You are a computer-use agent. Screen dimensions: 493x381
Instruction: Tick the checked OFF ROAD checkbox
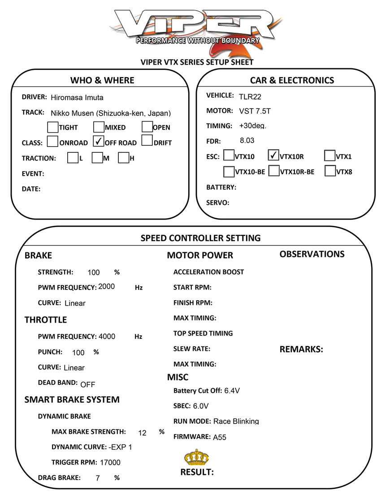pyautogui.click(x=98, y=142)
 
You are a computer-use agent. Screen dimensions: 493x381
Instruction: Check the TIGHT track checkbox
pyautogui.click(x=52, y=127)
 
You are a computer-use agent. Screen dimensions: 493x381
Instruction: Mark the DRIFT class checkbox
pyautogui.click(x=147, y=142)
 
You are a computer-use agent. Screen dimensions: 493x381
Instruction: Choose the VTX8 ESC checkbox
pyautogui.click(x=330, y=171)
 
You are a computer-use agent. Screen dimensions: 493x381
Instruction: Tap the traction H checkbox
pyautogui.click(x=124, y=158)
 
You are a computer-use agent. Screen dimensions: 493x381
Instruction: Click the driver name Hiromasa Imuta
pyautogui.click(x=77, y=97)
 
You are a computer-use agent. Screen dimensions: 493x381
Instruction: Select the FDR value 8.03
pyautogui.click(x=247, y=140)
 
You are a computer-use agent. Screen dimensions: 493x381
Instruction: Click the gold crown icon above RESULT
pyautogui.click(x=196, y=457)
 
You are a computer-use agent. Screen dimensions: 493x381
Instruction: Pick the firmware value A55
pyautogui.click(x=220, y=437)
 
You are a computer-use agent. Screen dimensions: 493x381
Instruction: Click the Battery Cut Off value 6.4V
pyautogui.click(x=232, y=391)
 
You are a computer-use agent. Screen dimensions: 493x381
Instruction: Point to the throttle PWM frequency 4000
pyautogui.click(x=107, y=337)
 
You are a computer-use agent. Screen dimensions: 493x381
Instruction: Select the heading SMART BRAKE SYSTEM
pyautogui.click(x=72, y=399)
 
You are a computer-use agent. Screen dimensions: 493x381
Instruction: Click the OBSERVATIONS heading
pyautogui.click(x=312, y=254)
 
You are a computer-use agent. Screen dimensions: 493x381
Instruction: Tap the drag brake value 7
pyautogui.click(x=98, y=478)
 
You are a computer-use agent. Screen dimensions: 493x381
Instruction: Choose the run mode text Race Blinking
pyautogui.click(x=236, y=421)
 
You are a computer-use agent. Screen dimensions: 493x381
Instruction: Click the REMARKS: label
pyautogui.click(x=301, y=350)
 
